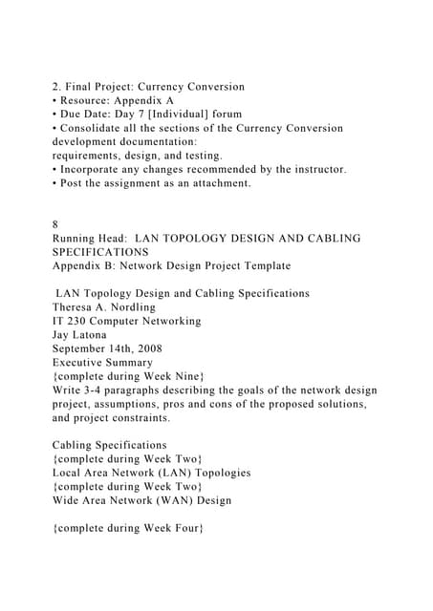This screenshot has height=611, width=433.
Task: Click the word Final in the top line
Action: (80, 87)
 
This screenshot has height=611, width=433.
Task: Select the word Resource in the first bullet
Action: (89, 100)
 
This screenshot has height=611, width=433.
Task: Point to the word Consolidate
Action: (97, 128)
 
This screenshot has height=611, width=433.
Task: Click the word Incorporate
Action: (99, 169)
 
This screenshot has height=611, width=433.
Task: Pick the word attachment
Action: (219, 182)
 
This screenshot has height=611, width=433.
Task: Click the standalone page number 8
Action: (55, 224)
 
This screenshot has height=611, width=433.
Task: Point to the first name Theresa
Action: (77, 307)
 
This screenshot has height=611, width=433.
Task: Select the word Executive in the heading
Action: (83, 363)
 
